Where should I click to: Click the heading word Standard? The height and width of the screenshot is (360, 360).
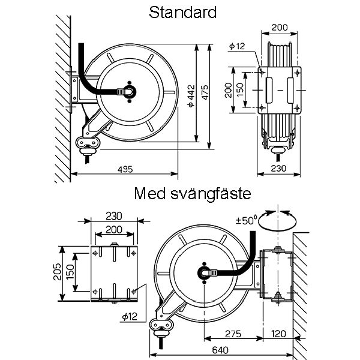(x=182, y=13)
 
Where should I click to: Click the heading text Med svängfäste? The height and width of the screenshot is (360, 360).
(x=193, y=194)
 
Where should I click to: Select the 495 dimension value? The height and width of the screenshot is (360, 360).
(x=125, y=169)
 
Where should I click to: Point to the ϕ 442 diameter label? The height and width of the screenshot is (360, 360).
(x=191, y=96)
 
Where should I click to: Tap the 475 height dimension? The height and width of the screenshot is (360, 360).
(x=205, y=92)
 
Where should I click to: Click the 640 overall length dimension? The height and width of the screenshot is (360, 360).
(x=220, y=350)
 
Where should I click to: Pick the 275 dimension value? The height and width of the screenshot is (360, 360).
(x=233, y=334)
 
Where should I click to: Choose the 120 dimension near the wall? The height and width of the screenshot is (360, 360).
(x=278, y=334)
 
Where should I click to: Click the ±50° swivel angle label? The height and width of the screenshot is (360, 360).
(x=245, y=220)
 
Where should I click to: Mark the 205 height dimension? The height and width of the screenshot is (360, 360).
(x=57, y=272)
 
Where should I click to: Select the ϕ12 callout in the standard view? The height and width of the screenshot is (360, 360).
(x=237, y=46)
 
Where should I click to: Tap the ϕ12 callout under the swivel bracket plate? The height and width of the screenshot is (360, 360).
(x=130, y=317)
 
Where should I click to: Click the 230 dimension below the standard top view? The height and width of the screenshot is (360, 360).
(x=278, y=169)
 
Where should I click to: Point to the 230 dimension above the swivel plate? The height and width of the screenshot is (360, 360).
(x=114, y=216)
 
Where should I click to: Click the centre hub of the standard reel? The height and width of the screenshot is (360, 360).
(x=129, y=92)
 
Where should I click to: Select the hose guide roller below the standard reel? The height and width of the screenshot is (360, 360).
(x=88, y=143)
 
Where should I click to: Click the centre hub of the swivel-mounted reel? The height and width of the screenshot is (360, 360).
(x=204, y=273)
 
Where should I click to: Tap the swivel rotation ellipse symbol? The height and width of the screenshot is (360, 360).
(x=277, y=221)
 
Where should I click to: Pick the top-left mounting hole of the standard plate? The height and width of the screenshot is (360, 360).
(x=262, y=73)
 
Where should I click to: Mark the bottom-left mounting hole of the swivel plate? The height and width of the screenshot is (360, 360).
(x=95, y=292)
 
